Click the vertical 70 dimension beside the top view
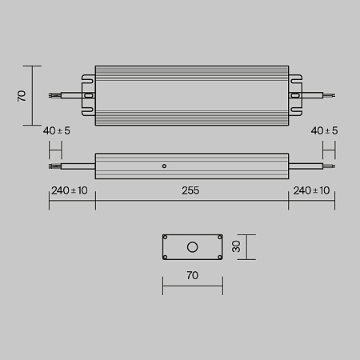pyautogui.click(x=22, y=95)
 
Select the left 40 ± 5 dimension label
pyautogui.click(x=58, y=130)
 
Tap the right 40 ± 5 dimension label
pyautogui.click(x=323, y=130)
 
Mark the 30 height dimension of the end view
pyautogui.click(x=236, y=247)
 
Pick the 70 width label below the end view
pyautogui.click(x=192, y=275)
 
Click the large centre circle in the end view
pyautogui.click(x=192, y=247)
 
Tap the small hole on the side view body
pyautogui.click(x=164, y=166)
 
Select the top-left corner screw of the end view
pyautogui.click(x=166, y=238)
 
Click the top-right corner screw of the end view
pyautogui.click(x=218, y=238)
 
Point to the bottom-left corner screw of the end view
pyautogui.click(x=166, y=257)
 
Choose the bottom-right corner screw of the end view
pyautogui.click(x=218, y=257)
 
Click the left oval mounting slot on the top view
pyautogui.click(x=88, y=95)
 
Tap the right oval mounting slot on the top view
pyautogui.click(x=295, y=95)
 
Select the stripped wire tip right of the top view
pyautogui.click(x=330, y=95)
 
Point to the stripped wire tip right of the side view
pyautogui.click(x=330, y=166)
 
